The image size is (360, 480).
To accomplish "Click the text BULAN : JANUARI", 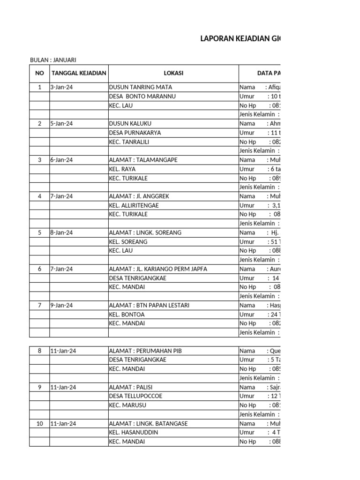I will [53, 60].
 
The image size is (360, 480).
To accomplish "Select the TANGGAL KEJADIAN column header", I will [79, 73].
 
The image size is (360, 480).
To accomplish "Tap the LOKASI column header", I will [173, 73].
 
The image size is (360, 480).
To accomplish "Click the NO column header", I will [39, 73].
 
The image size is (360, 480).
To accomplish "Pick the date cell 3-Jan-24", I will [61, 87].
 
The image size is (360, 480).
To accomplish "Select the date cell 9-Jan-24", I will [61, 306].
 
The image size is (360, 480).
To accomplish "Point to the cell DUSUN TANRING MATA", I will [140, 87].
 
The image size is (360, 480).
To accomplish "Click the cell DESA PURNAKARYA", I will [135, 133].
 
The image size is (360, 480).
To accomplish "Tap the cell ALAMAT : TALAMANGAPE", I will [143, 160].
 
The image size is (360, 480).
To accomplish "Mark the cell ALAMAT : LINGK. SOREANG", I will [145, 232].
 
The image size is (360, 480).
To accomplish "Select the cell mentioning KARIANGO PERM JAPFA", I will [157, 269].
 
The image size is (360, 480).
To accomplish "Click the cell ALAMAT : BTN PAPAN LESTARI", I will [149, 306].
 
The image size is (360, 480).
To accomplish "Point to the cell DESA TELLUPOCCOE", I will [135, 396].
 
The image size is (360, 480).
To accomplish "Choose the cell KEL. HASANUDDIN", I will [134, 432].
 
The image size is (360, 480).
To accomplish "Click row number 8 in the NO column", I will [39, 351].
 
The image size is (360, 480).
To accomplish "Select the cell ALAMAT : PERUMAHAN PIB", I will [145, 351].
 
